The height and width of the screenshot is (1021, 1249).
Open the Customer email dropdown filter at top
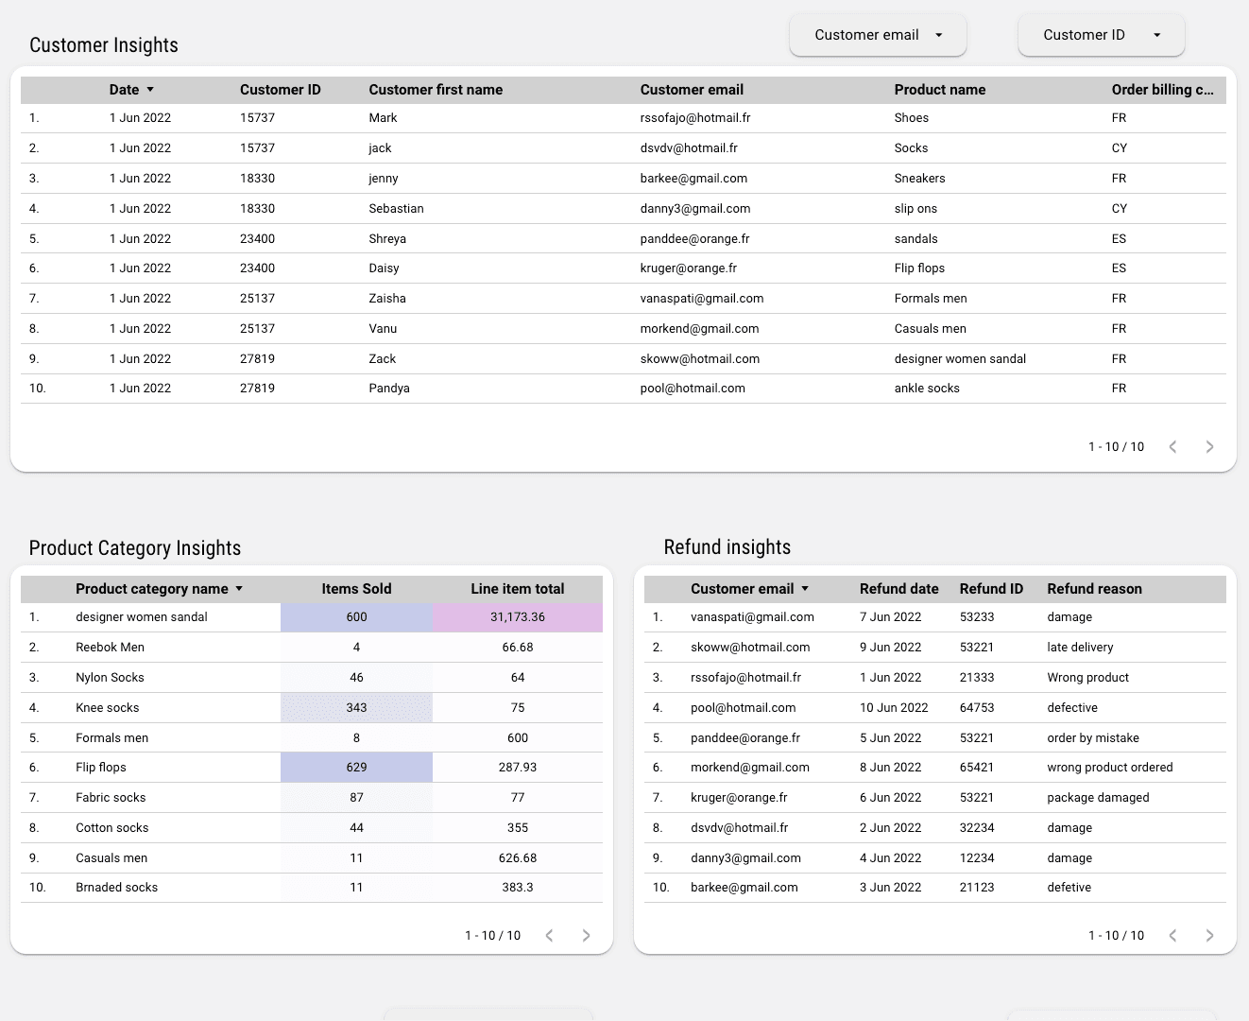878,35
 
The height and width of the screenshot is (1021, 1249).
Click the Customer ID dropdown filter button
1101,35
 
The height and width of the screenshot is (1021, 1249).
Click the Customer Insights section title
104,45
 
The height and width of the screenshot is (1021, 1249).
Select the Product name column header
939,90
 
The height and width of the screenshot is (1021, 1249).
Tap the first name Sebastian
396,208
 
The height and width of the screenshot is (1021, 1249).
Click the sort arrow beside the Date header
150,90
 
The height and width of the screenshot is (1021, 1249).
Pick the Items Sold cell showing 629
356,768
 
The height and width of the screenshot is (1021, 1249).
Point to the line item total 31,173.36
518,617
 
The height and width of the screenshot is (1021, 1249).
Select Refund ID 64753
977,708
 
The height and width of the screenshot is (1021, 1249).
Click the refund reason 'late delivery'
1080,648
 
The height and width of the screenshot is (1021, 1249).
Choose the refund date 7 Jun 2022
890,617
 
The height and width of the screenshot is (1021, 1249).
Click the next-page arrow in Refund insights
1209,936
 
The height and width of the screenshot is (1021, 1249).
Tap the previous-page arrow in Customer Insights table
1172,447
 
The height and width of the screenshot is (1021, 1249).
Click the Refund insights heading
727,547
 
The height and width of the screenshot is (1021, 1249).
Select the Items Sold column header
356,589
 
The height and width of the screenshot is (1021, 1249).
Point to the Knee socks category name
108,708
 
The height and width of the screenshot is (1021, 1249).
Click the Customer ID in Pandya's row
257,389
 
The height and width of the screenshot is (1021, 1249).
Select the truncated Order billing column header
1162,90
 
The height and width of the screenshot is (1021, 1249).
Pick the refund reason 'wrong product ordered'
1109,768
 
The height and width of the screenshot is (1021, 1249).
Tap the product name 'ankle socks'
927,389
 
